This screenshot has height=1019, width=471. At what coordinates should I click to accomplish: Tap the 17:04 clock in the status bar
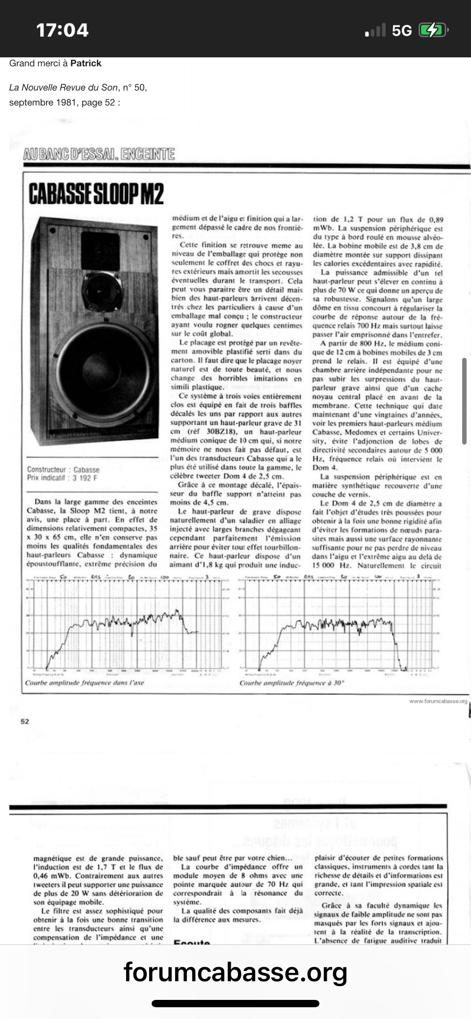coord(62,30)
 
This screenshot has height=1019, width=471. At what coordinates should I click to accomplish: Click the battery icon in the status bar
coord(432,30)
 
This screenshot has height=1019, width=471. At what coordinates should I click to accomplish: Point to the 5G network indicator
coord(401,31)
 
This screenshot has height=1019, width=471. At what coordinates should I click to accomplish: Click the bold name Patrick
coord(86,63)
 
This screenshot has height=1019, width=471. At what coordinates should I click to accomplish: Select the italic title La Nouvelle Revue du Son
coord(63,88)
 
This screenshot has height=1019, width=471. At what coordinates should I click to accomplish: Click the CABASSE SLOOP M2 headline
coord(96,193)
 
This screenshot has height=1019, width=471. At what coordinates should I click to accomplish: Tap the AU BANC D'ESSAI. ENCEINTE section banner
coord(99,154)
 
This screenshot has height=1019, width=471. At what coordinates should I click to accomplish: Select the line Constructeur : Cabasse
coord(63,470)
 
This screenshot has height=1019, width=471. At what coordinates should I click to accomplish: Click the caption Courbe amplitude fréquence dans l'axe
coord(84,683)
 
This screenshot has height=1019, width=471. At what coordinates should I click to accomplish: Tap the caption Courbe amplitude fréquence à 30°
coord(292,683)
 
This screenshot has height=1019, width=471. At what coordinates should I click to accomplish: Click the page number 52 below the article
coord(25,721)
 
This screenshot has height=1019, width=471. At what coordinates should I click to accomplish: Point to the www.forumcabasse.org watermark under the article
coord(438,701)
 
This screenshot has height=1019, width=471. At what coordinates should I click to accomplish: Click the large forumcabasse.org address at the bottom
coord(235,972)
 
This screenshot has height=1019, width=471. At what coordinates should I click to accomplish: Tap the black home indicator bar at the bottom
coord(235,1003)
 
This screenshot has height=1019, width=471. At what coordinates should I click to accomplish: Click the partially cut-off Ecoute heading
coord(192,943)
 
